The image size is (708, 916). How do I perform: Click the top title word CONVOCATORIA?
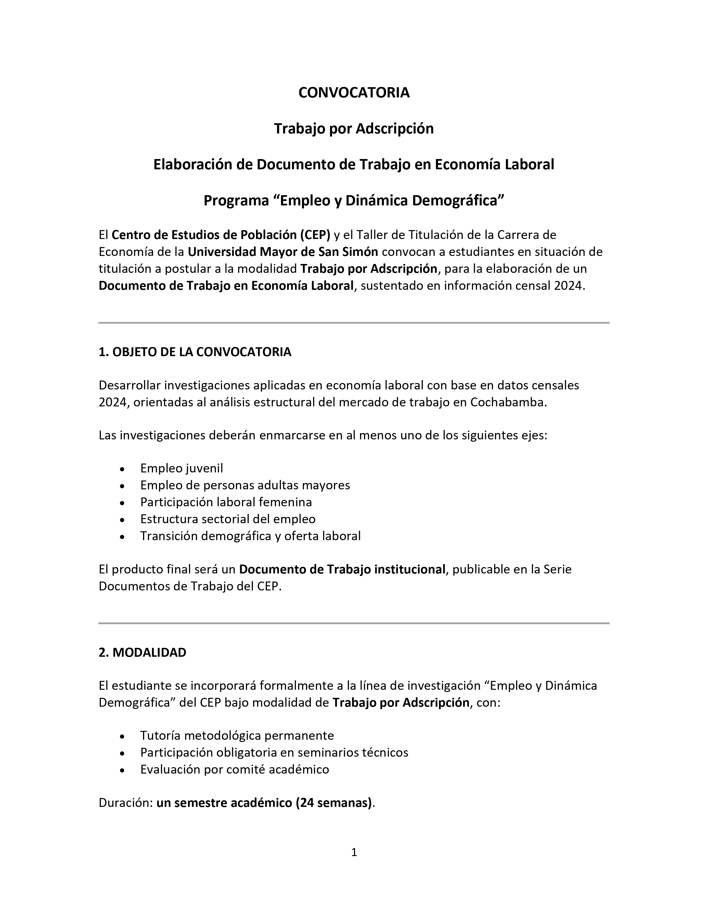click(353, 93)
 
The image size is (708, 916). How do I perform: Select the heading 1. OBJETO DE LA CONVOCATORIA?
click(195, 352)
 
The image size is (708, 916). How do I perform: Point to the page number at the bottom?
click(353, 852)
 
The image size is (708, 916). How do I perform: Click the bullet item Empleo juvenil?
click(181, 468)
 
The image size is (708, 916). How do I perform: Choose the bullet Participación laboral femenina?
click(226, 502)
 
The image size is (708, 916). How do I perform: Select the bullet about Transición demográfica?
click(250, 536)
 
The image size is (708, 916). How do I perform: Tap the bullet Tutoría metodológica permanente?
click(237, 735)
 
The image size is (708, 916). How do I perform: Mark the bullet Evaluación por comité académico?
click(234, 769)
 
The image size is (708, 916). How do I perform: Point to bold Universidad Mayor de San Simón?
click(283, 252)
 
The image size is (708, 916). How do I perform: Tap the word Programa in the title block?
click(236, 201)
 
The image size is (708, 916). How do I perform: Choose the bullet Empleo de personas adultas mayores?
click(245, 485)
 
